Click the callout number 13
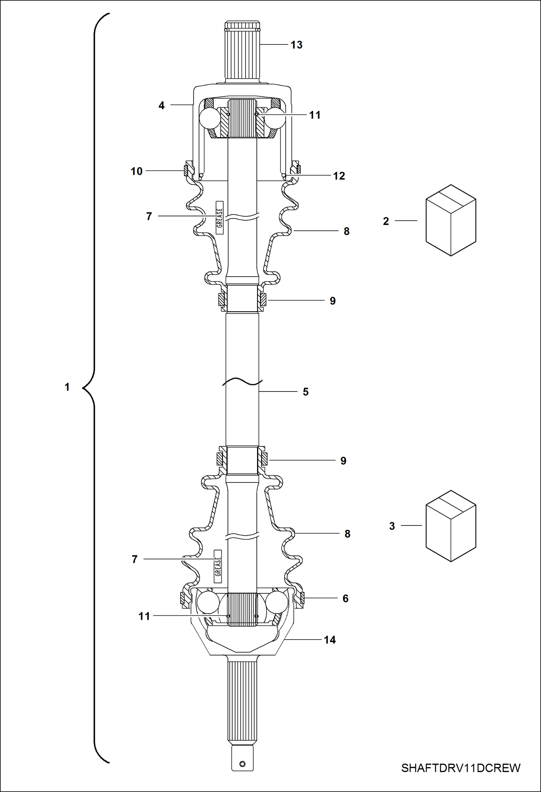pyautogui.click(x=296, y=45)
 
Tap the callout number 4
pyautogui.click(x=161, y=105)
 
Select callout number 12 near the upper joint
pyautogui.click(x=339, y=176)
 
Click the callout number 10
pyautogui.click(x=137, y=171)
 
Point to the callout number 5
pyautogui.click(x=306, y=392)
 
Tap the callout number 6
pyautogui.click(x=345, y=598)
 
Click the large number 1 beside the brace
pyautogui.click(x=67, y=387)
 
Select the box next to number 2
pyautogui.click(x=451, y=220)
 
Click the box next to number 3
pyautogui.click(x=451, y=526)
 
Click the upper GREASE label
pyautogui.click(x=220, y=218)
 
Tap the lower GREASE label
pyautogui.click(x=218, y=566)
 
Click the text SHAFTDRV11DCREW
pyautogui.click(x=460, y=768)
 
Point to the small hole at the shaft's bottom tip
pyautogui.click(x=242, y=764)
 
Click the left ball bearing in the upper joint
pyautogui.click(x=210, y=118)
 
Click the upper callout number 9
pyautogui.click(x=333, y=301)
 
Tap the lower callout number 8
pyautogui.click(x=347, y=534)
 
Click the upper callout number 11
pyautogui.click(x=315, y=115)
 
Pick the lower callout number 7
pyautogui.click(x=135, y=559)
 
